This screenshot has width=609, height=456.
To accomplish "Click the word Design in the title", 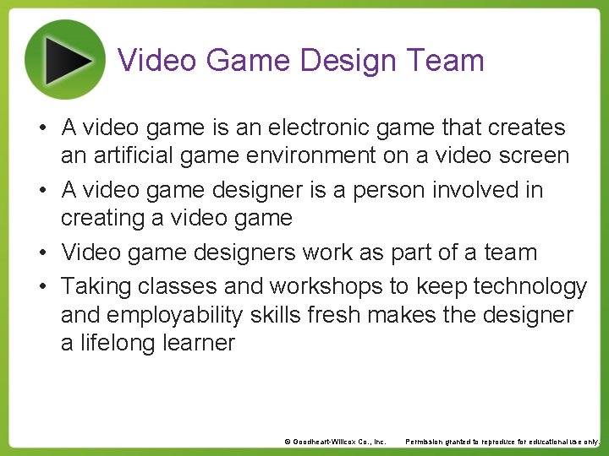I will [348, 61].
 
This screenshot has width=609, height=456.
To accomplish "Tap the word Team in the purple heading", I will [445, 61].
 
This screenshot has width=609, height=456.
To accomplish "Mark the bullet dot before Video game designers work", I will [41, 253].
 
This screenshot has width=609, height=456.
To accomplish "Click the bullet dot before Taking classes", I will [41, 288].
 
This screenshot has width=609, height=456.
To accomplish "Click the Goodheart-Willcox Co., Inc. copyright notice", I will [335, 442].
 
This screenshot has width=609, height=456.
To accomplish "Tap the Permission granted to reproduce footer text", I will [502, 442].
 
